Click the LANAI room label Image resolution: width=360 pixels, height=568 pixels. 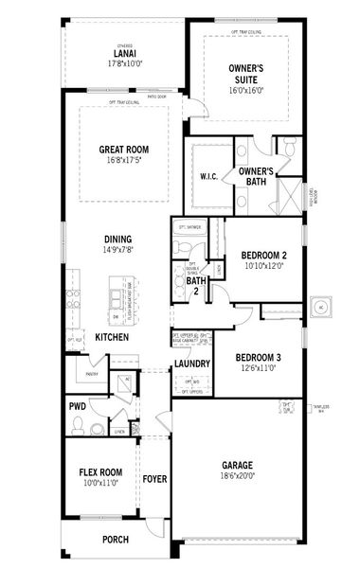click(x=123, y=54)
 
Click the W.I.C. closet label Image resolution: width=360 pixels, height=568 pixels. click(x=208, y=176)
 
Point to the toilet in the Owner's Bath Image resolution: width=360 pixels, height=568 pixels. click(x=284, y=146)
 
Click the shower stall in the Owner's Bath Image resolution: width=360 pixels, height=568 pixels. click(x=283, y=194)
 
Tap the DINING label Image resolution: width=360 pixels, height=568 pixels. click(x=118, y=239)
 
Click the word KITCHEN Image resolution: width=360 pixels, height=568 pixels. click(x=112, y=337)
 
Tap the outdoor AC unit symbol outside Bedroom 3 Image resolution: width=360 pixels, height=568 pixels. click(x=320, y=308)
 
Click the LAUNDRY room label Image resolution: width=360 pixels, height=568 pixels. click(x=191, y=364)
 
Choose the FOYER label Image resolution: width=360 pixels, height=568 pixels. click(x=154, y=479)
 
